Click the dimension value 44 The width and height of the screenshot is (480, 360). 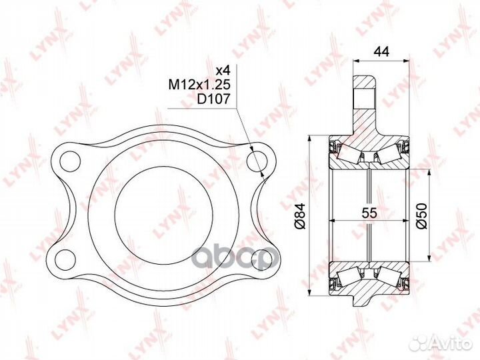(x=381, y=51)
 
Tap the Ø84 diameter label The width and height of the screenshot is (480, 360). (x=299, y=215)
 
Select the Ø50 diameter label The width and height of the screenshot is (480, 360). (x=421, y=215)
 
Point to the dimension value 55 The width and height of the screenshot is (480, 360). (x=369, y=213)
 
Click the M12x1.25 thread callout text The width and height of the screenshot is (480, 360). (x=199, y=85)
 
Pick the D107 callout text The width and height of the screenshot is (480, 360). (x=213, y=99)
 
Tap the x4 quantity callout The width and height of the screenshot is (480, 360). (x=223, y=71)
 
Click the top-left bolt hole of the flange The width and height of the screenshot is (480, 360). (x=70, y=161)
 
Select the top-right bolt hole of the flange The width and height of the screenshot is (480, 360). (x=257, y=161)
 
